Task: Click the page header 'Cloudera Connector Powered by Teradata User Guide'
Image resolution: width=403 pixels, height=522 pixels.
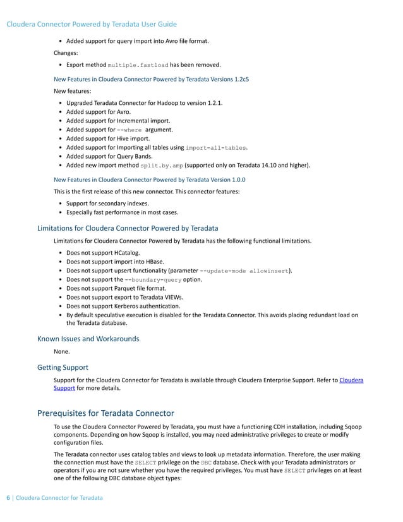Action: pos(91,25)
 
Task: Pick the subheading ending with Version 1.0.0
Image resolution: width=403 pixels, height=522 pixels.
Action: pos(150,179)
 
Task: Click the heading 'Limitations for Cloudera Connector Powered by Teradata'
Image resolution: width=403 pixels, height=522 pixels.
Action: pos(128,228)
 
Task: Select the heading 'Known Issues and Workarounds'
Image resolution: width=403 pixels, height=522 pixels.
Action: pos(88,338)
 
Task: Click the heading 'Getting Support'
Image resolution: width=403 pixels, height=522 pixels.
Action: pos(63,367)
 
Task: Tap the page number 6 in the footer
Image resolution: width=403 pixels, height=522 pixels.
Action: pos(8,498)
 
